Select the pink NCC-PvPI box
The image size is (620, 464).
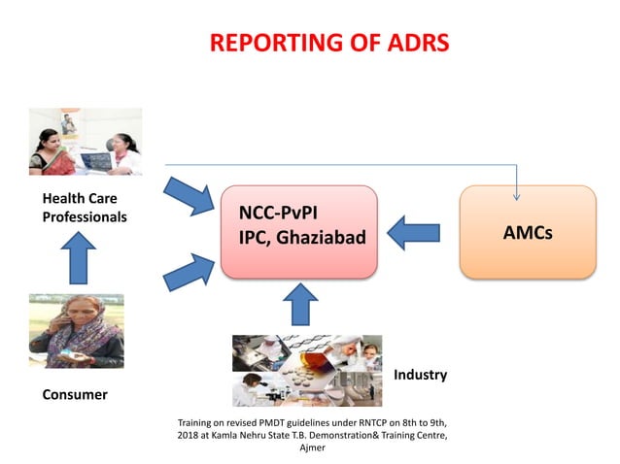298,231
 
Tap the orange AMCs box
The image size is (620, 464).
527,232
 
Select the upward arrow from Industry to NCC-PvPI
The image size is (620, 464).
299,305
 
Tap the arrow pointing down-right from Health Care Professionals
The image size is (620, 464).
189,196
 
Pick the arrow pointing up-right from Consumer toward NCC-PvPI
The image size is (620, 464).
189,271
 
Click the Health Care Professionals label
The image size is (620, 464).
84,208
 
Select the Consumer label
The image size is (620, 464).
75,395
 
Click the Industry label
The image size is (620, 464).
420,375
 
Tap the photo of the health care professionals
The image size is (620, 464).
86,142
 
